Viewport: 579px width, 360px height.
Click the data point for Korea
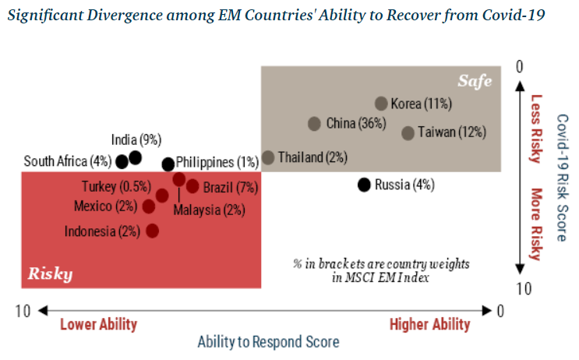pyautogui.click(x=381, y=104)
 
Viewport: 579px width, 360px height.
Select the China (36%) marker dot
pyautogui.click(x=314, y=123)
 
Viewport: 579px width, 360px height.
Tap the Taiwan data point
pyautogui.click(x=408, y=132)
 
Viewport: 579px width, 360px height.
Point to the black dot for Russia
pyautogui.click(x=363, y=185)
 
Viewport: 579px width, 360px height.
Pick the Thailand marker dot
pyautogui.click(x=268, y=157)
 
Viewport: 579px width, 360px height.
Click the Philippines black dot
pyautogui.click(x=168, y=164)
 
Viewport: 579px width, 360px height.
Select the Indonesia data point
pyautogui.click(x=152, y=231)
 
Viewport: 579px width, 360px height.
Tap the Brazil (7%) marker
pyautogui.click(x=192, y=187)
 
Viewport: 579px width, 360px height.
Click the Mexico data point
pyautogui.click(x=148, y=206)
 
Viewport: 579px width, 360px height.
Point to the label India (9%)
pyautogui.click(x=136, y=140)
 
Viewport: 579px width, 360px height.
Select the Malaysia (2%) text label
pyautogui.click(x=209, y=210)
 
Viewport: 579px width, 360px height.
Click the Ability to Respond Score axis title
pyautogui.click(x=268, y=342)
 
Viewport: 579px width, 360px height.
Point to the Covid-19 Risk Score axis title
pyautogui.click(x=561, y=178)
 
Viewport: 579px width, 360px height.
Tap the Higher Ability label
pyautogui.click(x=429, y=324)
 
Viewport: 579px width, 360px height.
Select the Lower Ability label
pyautogui.click(x=98, y=324)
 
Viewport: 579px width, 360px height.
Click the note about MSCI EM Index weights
pyautogui.click(x=381, y=270)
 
